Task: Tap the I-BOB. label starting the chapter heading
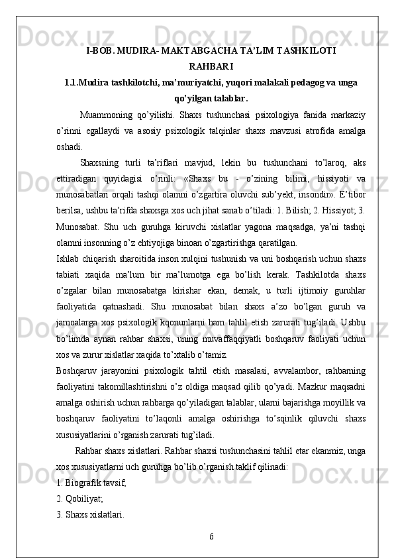point(102,50)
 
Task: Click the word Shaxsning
point(99,162)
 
